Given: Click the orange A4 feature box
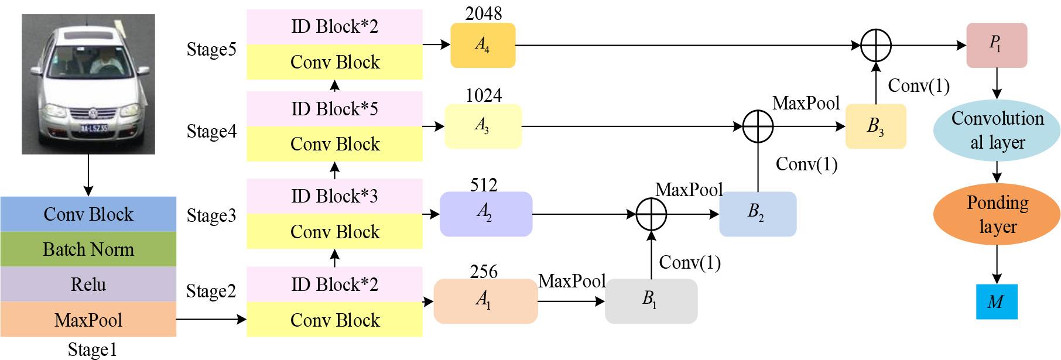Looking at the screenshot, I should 483,46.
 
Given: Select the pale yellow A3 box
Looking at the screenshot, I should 483,126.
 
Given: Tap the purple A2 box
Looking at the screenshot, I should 485,214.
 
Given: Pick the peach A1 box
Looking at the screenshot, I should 485,301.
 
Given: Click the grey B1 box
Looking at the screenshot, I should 651,301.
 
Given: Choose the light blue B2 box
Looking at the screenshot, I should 757,214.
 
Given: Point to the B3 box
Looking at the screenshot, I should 875,126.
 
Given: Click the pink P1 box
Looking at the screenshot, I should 996,45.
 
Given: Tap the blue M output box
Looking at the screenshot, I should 996,301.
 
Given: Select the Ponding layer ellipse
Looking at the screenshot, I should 997,214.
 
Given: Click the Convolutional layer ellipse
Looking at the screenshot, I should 997,130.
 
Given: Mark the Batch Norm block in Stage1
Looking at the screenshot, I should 88,249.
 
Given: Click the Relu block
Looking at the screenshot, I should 88,284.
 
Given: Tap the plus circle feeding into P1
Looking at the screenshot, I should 876,45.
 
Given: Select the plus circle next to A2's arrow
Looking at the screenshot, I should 651,214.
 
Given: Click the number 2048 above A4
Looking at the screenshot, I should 484,13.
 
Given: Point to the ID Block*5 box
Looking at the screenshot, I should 334,109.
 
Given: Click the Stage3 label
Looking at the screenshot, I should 211,215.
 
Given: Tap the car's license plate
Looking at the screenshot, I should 94,127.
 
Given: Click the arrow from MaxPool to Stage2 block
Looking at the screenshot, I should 211,319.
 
